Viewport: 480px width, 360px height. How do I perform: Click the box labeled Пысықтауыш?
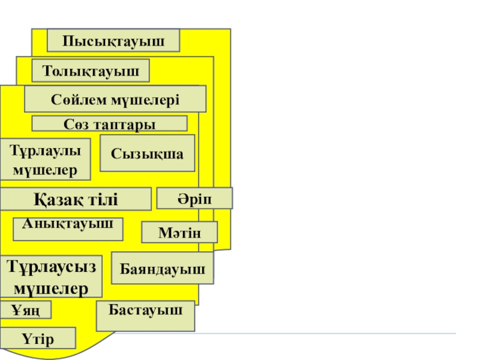pos(113,40)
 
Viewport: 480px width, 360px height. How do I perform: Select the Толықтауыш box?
pos(90,71)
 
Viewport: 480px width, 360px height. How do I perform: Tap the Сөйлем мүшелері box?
pos(115,98)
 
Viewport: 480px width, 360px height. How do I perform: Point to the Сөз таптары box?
pos(109,124)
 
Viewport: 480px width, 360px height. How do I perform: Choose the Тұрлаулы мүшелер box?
pos(46,159)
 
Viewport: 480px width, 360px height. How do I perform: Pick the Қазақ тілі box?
pos(76,199)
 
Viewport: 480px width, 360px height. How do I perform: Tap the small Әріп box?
pos(194,199)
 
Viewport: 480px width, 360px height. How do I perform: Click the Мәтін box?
pos(179,232)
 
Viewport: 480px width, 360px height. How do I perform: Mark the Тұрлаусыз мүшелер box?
pos(51,276)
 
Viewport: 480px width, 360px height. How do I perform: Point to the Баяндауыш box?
pos(163,268)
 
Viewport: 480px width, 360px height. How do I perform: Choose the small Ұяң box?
pos(26,310)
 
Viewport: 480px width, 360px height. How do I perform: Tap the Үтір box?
pos(38,338)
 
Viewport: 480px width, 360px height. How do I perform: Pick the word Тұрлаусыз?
pos(51,266)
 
